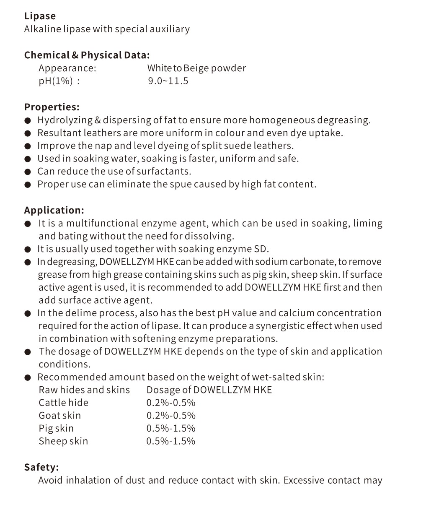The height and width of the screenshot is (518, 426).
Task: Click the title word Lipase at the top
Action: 40,16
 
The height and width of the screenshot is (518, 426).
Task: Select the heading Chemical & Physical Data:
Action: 87,55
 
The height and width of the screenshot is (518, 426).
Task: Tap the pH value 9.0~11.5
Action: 168,81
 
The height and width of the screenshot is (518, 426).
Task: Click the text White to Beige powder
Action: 196,68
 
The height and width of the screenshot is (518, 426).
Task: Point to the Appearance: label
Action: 67,68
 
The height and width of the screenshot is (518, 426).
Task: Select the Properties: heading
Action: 52,107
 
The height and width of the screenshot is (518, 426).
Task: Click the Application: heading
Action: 54,210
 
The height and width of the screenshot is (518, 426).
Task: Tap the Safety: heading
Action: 41,467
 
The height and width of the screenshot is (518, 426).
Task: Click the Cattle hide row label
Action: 64,403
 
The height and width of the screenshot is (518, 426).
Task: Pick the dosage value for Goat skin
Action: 171,416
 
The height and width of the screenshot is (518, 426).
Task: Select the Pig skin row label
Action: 56,428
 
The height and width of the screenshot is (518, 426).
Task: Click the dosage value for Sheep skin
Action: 171,441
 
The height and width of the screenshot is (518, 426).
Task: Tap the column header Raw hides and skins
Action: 84,390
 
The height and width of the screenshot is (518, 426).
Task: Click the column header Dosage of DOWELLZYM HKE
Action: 209,390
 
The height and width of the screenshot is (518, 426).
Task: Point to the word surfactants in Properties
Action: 164,171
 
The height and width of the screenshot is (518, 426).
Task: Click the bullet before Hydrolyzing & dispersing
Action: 28,121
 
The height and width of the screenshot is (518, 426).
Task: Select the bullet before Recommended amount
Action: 28,377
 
